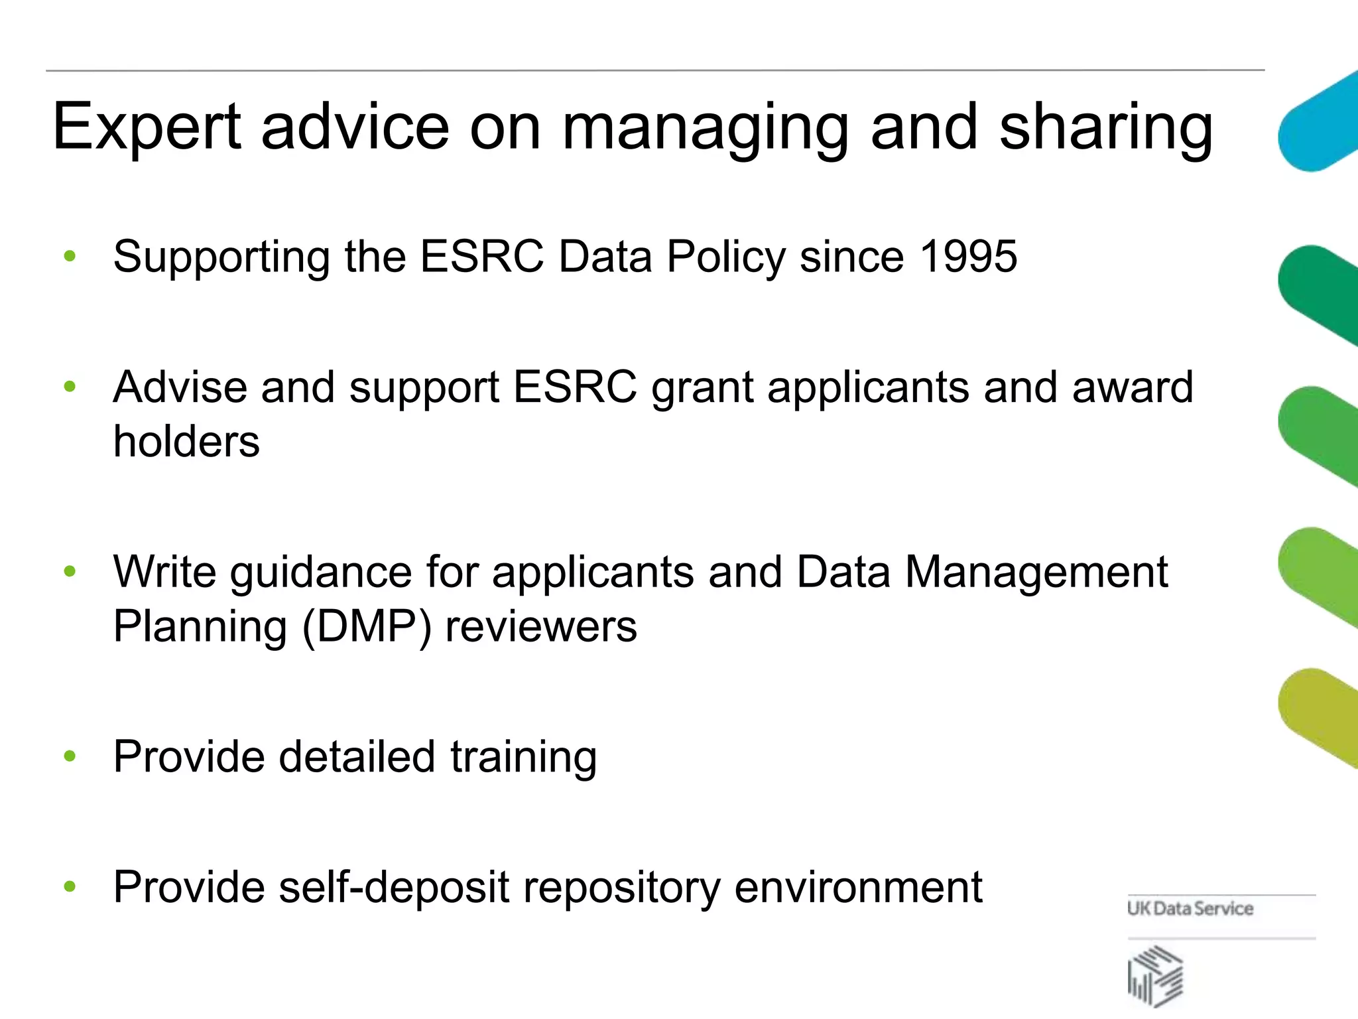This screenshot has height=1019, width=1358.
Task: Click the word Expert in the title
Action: coord(147,127)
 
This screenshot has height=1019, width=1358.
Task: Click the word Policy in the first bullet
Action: coord(726,257)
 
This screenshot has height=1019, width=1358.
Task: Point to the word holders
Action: coord(186,441)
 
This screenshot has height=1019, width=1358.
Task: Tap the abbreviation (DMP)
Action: coord(367,626)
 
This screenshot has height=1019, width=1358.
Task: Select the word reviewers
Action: coord(540,626)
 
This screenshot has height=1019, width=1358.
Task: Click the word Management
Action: coord(1036,572)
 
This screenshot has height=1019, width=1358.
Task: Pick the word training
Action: coord(523,757)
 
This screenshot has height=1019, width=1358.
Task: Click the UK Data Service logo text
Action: coord(1190,908)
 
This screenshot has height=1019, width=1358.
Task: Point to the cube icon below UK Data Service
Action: coord(1155,976)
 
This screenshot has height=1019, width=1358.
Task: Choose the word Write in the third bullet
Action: coord(164,572)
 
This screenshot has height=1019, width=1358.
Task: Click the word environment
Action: coord(858,887)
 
